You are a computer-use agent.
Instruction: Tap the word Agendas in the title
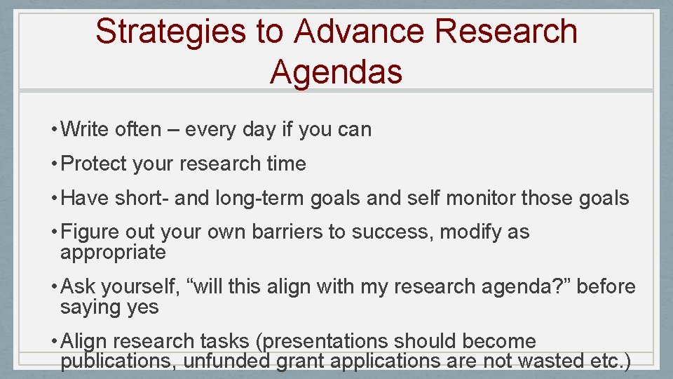336,71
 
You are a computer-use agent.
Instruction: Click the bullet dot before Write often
54,130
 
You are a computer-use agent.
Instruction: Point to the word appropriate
113,253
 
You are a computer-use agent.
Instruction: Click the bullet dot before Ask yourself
54,287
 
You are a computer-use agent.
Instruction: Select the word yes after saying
142,307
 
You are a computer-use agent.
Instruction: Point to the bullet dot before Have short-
54,199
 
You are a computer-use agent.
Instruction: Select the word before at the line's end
604,287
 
